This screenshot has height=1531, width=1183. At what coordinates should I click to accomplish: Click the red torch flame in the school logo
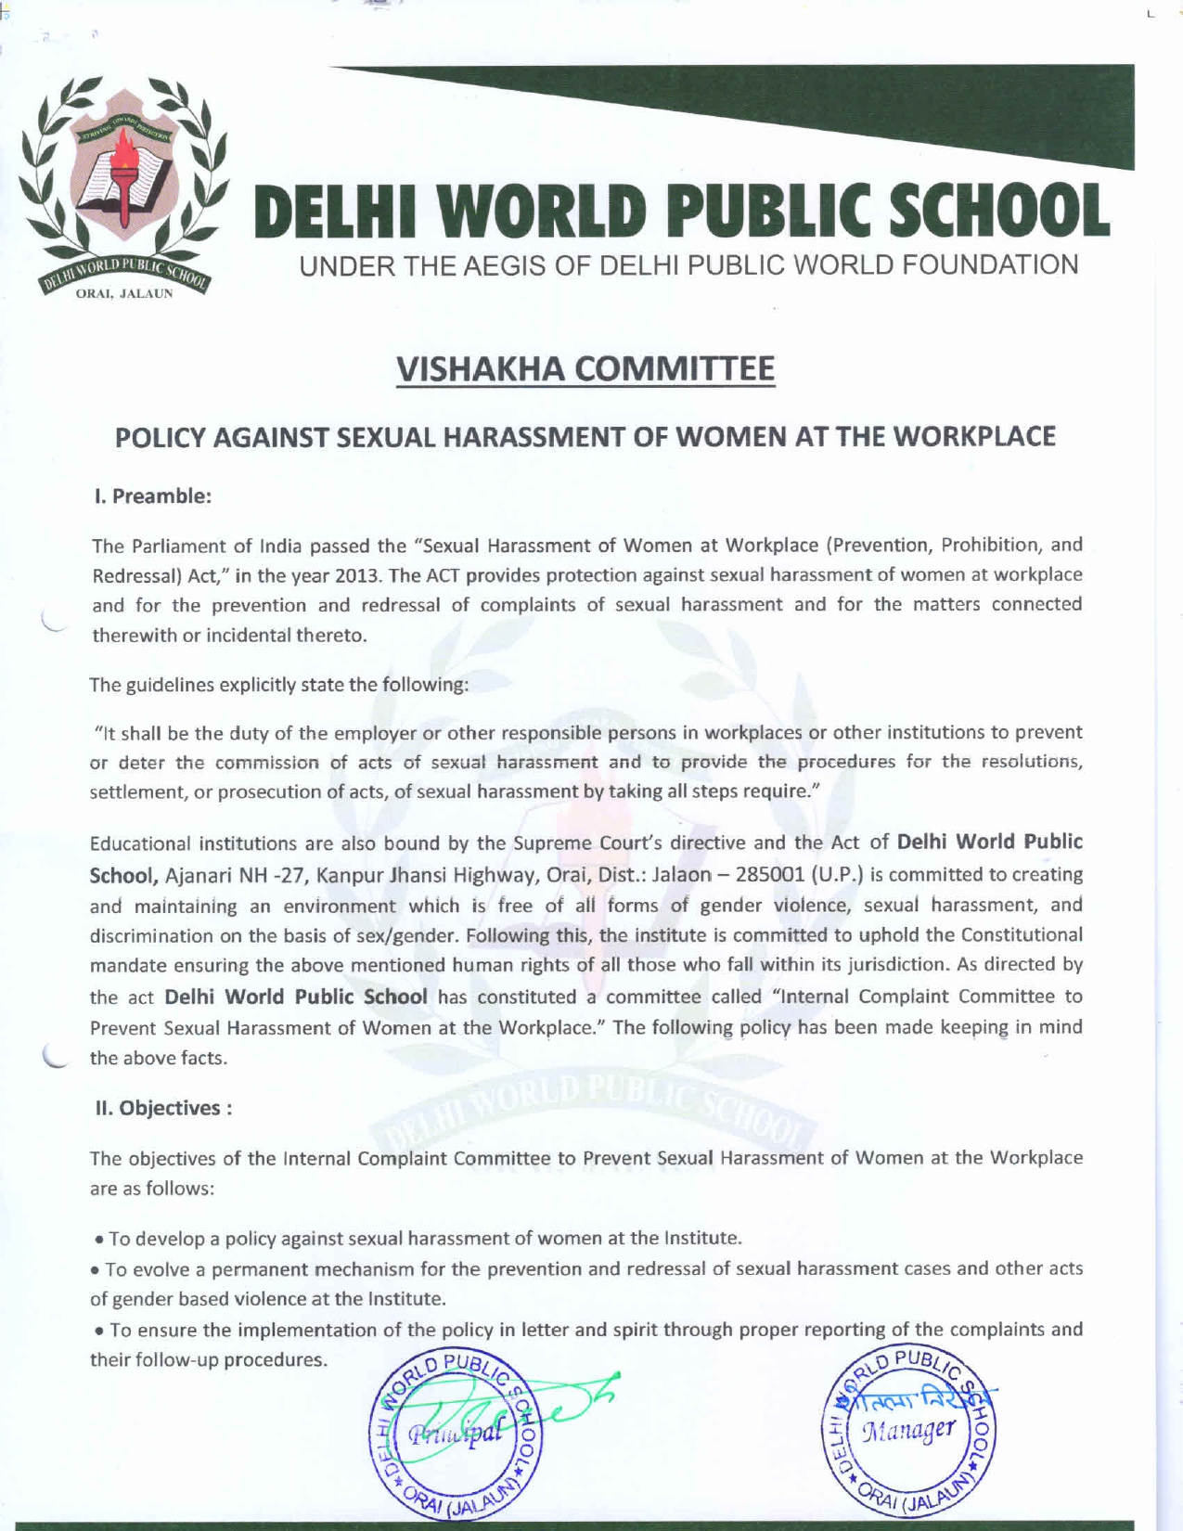point(123,153)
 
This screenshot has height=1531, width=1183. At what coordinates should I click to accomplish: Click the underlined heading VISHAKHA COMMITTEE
point(585,369)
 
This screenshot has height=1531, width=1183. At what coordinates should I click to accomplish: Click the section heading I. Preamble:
point(153,496)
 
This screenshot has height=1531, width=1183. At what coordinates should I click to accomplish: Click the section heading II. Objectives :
point(162,1108)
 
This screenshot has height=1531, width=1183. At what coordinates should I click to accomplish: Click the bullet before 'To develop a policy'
point(99,1240)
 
